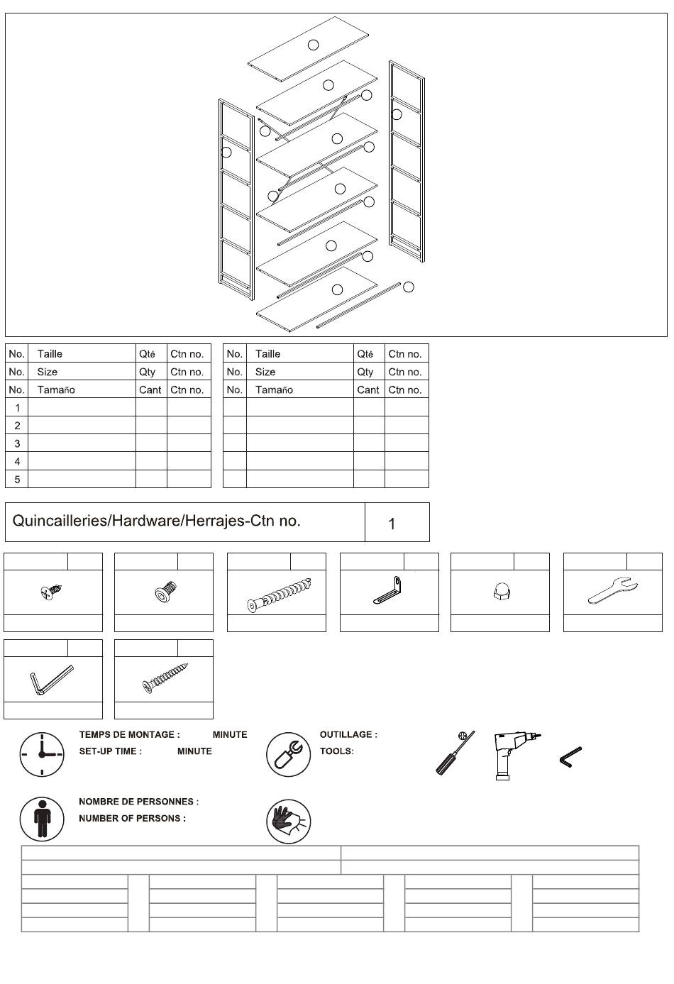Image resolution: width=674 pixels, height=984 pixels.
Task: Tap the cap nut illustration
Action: tap(499, 592)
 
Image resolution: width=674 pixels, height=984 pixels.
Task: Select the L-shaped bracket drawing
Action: tap(389, 591)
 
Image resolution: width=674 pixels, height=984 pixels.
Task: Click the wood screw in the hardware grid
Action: tap(165, 678)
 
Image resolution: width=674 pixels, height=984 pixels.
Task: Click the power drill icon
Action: tap(515, 754)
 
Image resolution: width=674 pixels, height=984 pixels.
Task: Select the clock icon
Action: tap(41, 753)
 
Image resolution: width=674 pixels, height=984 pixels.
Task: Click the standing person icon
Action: tap(42, 818)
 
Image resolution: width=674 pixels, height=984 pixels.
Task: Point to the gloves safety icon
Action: tap(288, 821)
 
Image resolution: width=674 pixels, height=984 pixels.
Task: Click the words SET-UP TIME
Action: tap(110, 751)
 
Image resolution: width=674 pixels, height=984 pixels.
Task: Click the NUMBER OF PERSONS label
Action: tap(132, 819)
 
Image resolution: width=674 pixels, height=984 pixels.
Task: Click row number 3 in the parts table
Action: tap(17, 443)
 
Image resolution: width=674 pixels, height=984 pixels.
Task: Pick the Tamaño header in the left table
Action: tap(56, 389)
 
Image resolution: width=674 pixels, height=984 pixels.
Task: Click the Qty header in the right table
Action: tap(365, 372)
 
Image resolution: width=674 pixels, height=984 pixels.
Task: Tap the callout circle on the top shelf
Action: tap(313, 45)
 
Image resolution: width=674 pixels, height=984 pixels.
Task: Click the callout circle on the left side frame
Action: tap(226, 152)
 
